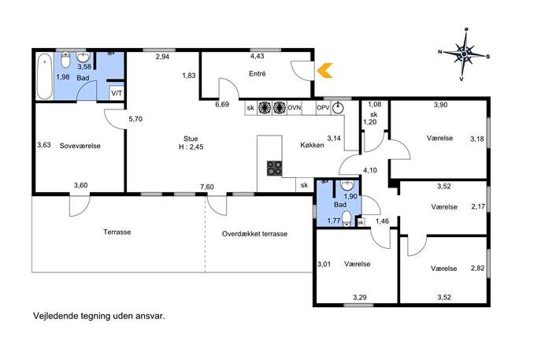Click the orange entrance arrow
[x=324, y=70]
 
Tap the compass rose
[x=465, y=54]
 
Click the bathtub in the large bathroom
[x=45, y=76]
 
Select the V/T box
[x=117, y=93]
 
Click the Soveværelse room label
[x=80, y=146]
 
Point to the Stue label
[x=191, y=139]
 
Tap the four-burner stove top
[x=275, y=169]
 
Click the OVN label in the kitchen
[x=295, y=108]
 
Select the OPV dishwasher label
[x=323, y=108]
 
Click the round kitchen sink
[x=338, y=108]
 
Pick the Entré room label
[x=258, y=73]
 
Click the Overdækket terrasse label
[x=254, y=234]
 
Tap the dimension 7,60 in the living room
[x=207, y=187]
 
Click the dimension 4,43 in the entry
[x=258, y=56]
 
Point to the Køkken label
[x=313, y=145]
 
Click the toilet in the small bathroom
[x=346, y=218]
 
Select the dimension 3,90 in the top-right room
[x=441, y=105]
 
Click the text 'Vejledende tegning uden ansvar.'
[x=99, y=316]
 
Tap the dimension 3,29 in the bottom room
[x=360, y=297]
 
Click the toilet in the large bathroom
[x=65, y=60]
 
